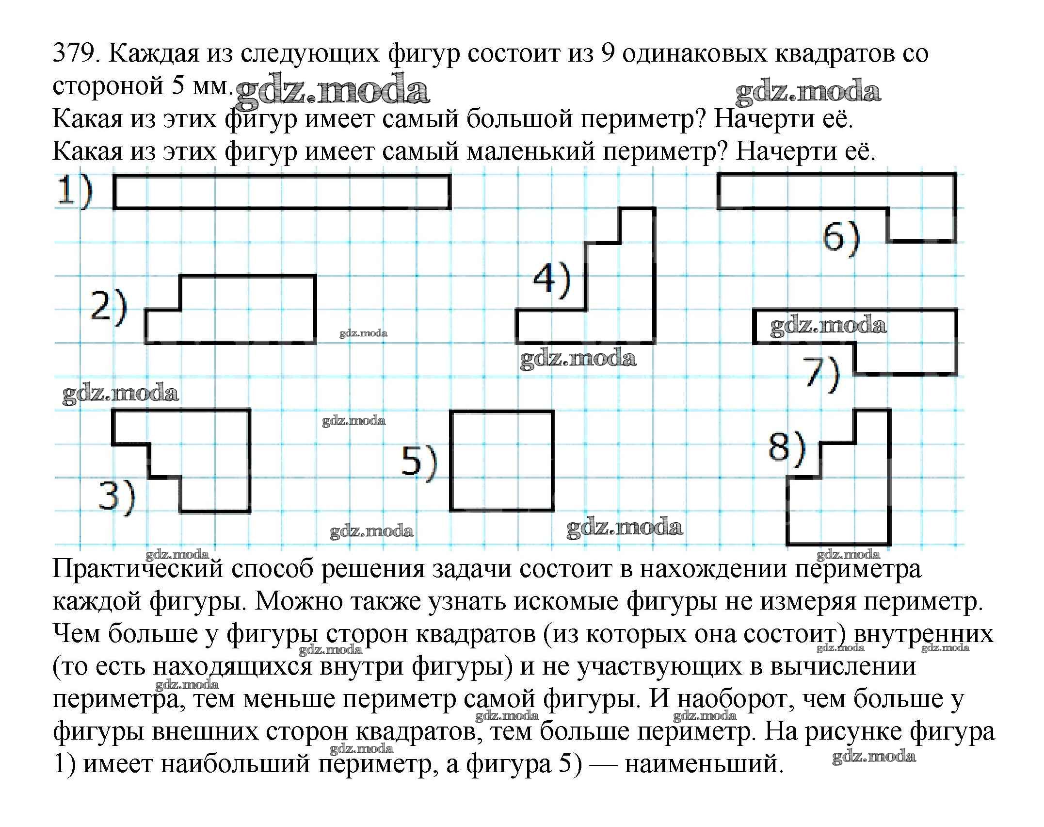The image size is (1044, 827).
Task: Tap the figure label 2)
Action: tap(109, 307)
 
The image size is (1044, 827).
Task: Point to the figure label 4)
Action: tap(551, 281)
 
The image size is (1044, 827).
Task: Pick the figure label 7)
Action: tap(821, 374)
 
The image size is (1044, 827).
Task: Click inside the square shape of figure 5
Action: tap(502, 461)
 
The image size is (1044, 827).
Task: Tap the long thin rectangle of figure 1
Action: tap(281, 192)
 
